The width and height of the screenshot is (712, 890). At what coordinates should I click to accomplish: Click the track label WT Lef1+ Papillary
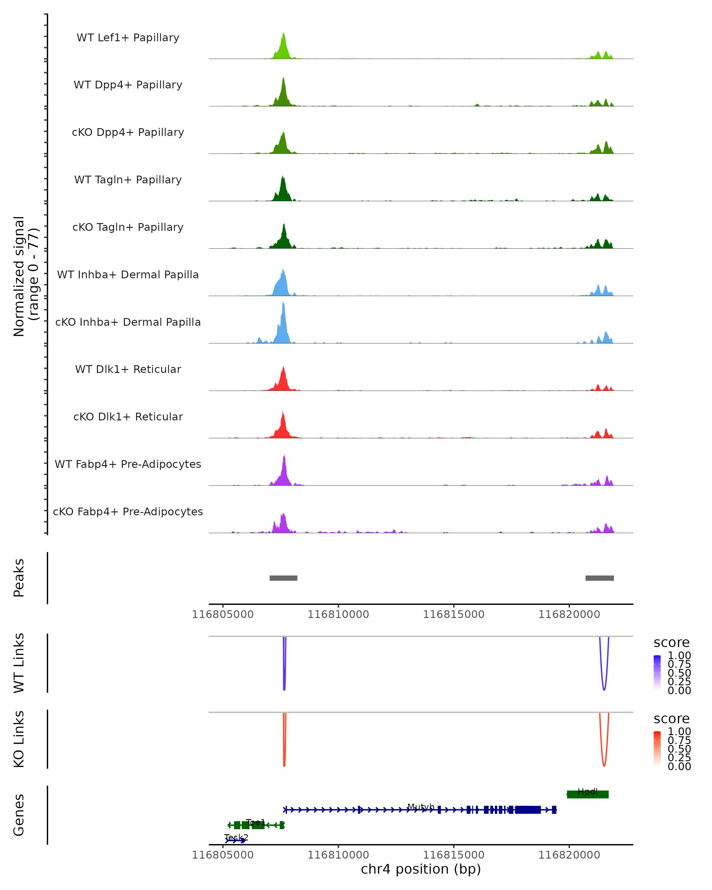point(128,38)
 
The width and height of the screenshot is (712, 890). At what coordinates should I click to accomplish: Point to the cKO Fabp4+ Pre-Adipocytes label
point(128,511)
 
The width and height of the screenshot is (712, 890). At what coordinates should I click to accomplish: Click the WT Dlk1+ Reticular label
point(128,369)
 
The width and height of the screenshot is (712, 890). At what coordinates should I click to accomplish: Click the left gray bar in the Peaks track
point(283,578)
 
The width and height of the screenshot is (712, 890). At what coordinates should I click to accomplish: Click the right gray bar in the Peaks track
point(599,578)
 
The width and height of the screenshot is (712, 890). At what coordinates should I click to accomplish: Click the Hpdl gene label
point(587,791)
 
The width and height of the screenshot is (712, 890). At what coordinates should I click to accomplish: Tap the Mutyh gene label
point(421,807)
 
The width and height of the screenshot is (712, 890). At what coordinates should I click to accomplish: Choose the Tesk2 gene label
point(236,837)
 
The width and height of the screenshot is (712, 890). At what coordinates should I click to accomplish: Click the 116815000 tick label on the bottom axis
point(454,855)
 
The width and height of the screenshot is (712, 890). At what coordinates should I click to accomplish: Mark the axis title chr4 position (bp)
point(421,869)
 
